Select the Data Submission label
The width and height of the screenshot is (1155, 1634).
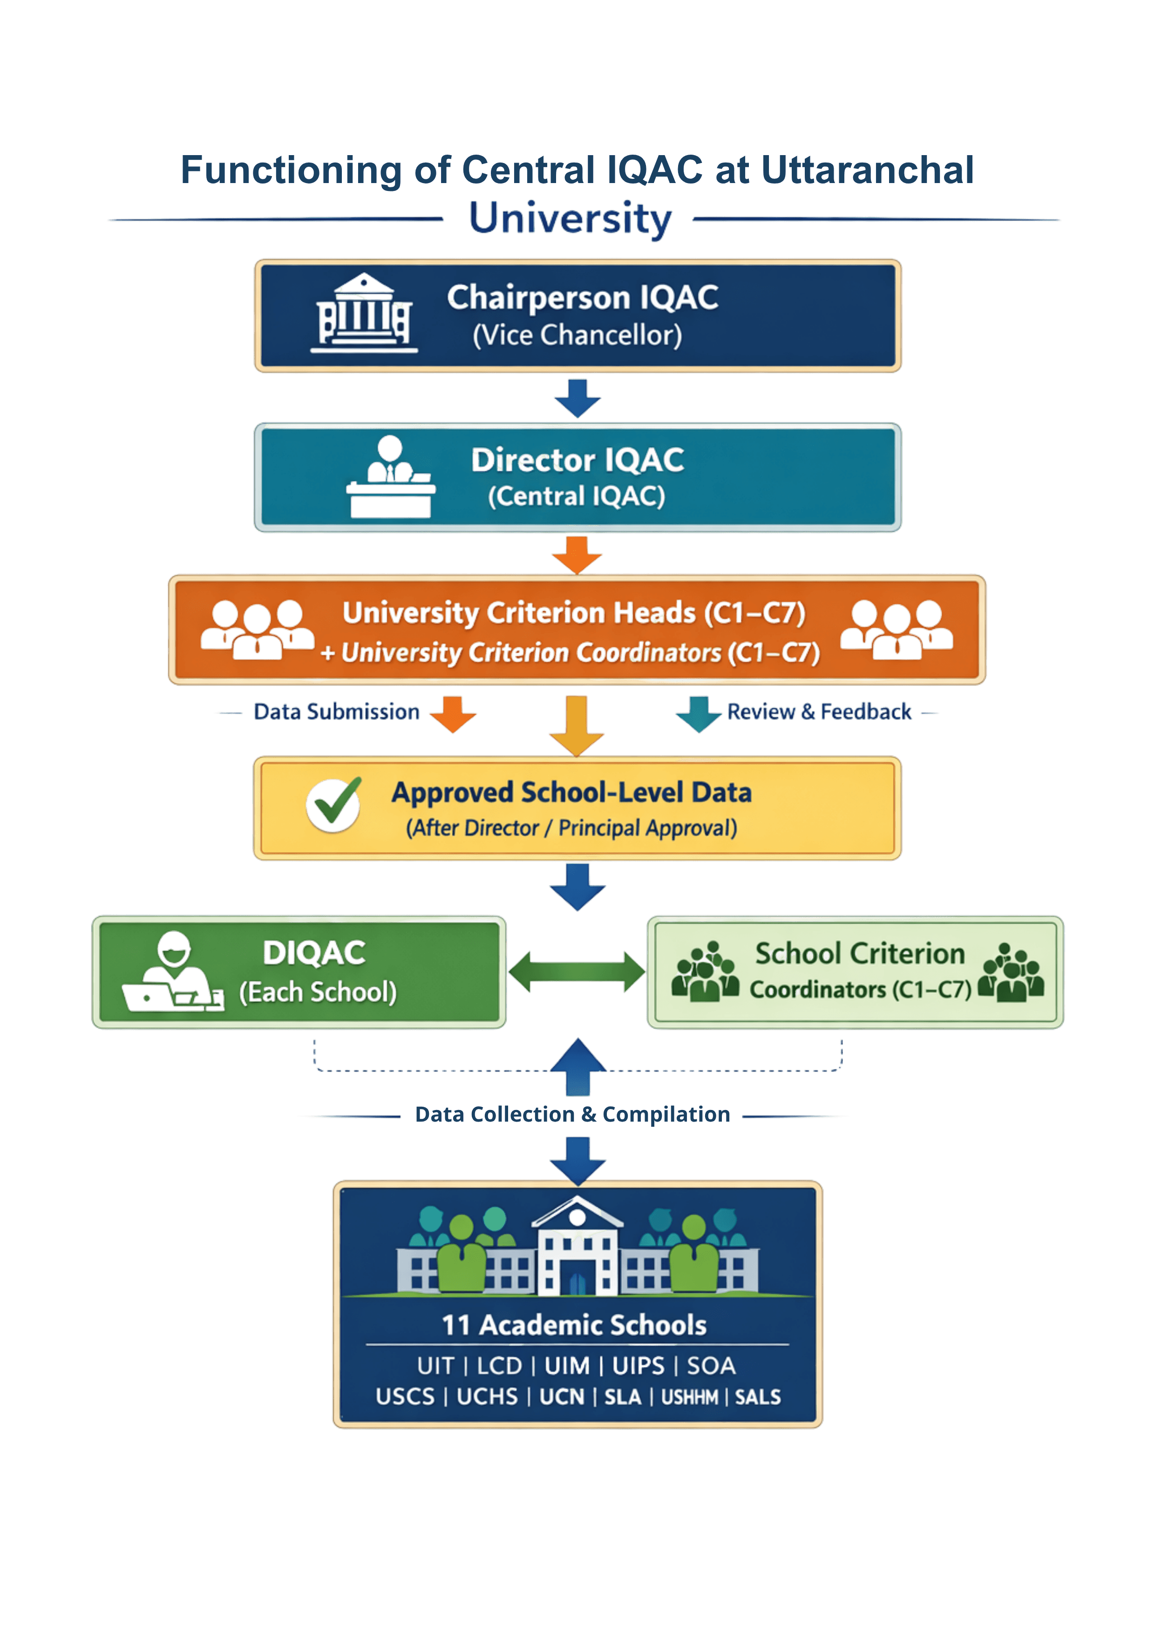(337, 712)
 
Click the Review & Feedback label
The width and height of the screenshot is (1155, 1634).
(819, 712)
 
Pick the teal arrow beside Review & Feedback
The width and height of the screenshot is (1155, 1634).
(699, 714)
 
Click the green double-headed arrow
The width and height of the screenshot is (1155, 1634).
(577, 972)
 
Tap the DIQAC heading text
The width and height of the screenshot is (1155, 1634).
(314, 953)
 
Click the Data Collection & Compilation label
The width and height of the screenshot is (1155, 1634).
(573, 1115)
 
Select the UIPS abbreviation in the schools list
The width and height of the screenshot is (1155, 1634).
(639, 1366)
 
